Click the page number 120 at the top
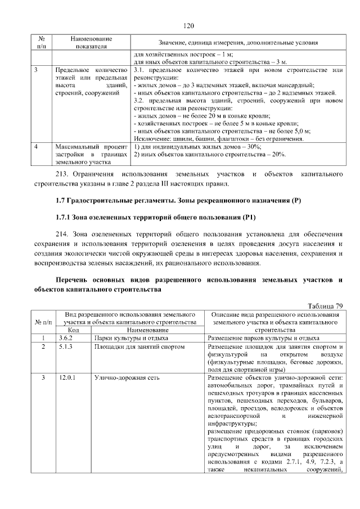click(x=188, y=25)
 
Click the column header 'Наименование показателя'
click(x=91, y=43)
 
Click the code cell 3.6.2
click(x=66, y=338)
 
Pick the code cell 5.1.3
click(x=66, y=346)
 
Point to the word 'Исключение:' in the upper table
click(x=151, y=138)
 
